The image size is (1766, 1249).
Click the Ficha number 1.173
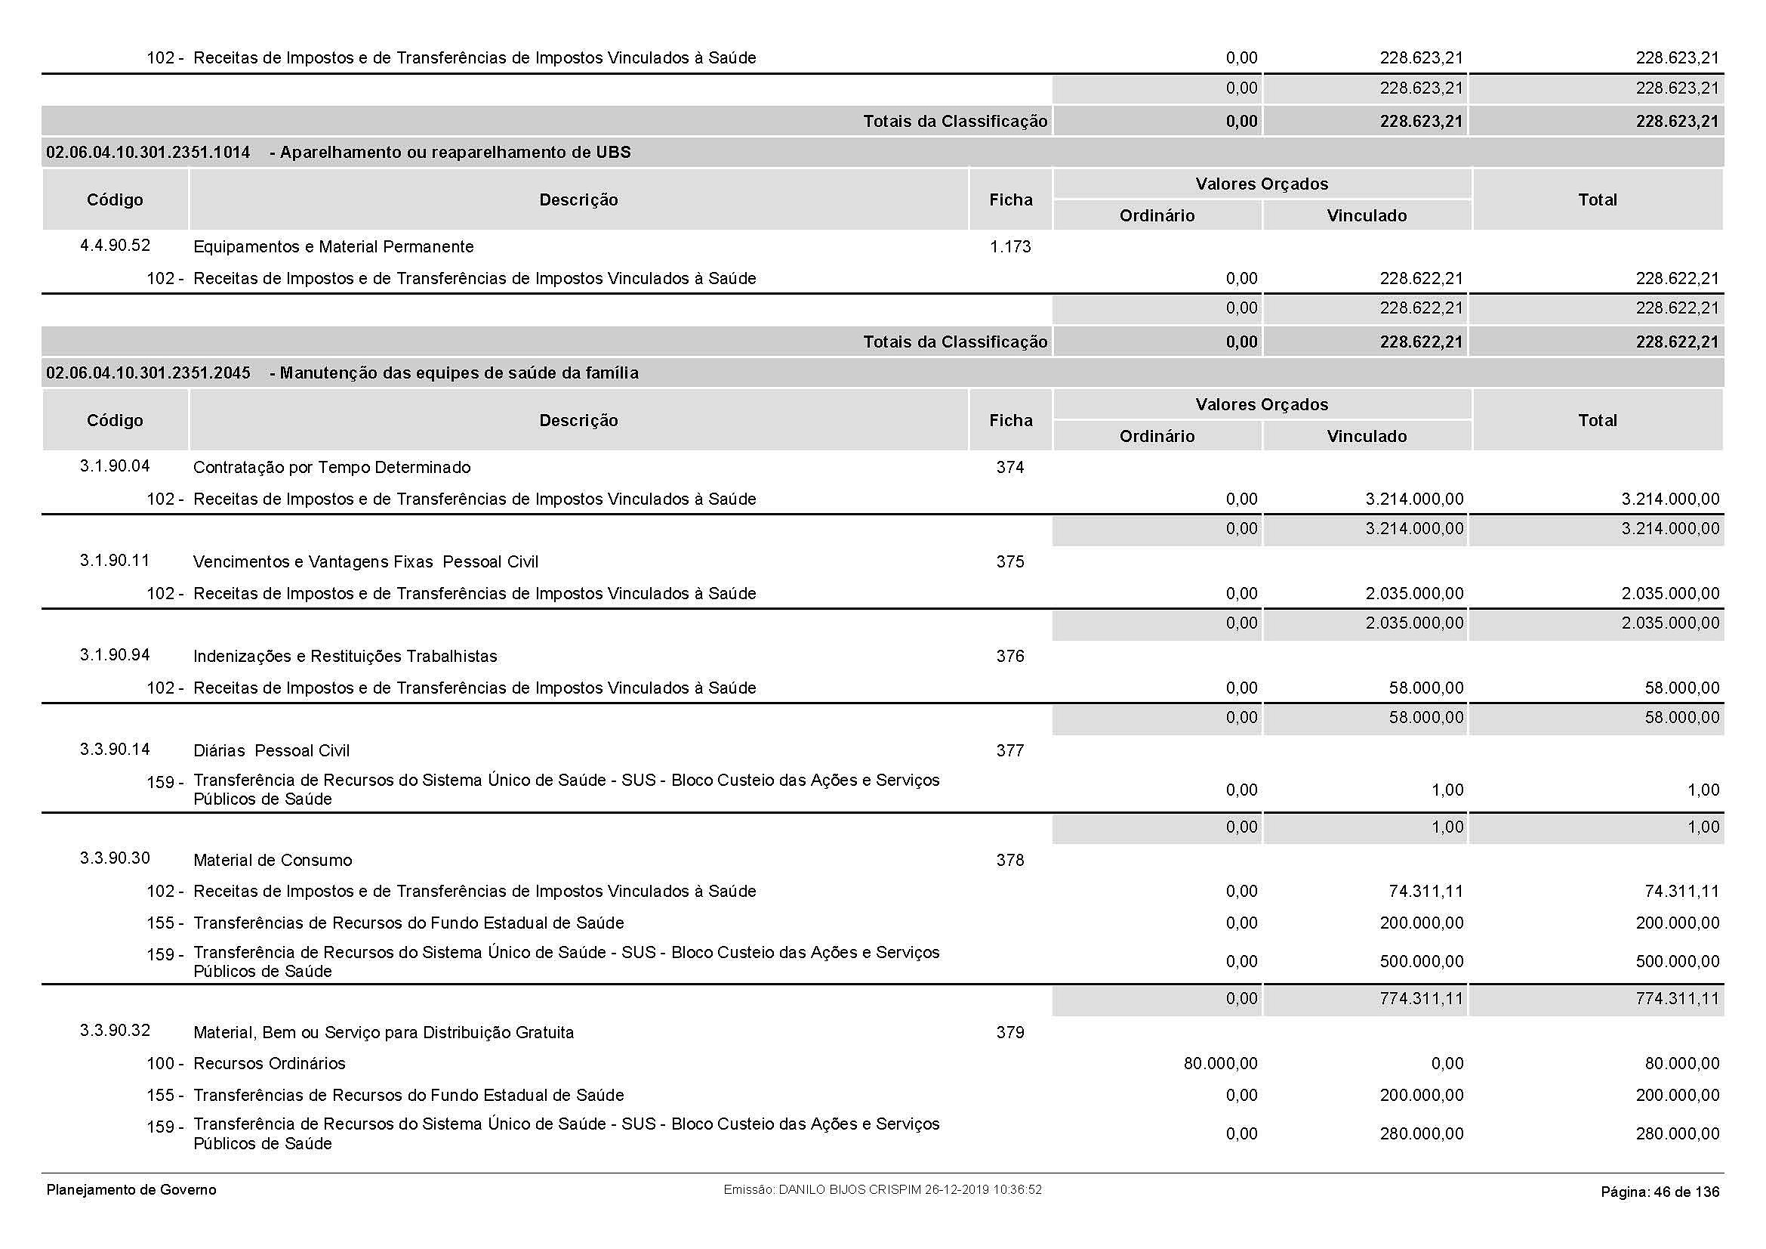[1010, 247]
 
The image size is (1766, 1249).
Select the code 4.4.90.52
[115, 246]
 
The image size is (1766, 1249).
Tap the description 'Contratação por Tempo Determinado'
[331, 468]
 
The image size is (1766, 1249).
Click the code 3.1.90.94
[115, 655]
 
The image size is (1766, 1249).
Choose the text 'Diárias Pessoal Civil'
[271, 751]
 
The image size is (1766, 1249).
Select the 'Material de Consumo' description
[273, 861]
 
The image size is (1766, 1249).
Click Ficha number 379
[1010, 1033]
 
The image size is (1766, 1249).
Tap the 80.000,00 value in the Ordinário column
[1220, 1064]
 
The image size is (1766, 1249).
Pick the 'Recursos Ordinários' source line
[270, 1064]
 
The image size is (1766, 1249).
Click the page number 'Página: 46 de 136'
[1659, 1192]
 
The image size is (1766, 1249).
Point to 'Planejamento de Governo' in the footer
[131, 1190]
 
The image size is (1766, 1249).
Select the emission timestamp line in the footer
[882, 1190]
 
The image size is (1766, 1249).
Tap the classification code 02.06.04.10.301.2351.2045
[149, 373]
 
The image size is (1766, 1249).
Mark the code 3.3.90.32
[115, 1031]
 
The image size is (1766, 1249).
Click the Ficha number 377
[1010, 751]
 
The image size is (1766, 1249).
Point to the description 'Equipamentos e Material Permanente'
[333, 247]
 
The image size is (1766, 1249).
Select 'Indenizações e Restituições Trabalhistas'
[344, 657]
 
